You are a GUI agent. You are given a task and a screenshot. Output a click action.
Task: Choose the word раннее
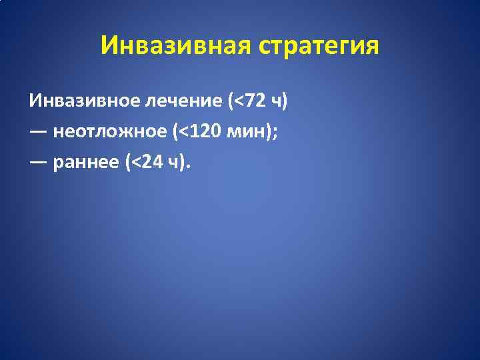click(85, 161)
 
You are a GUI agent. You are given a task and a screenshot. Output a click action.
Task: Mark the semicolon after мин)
click(276, 132)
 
